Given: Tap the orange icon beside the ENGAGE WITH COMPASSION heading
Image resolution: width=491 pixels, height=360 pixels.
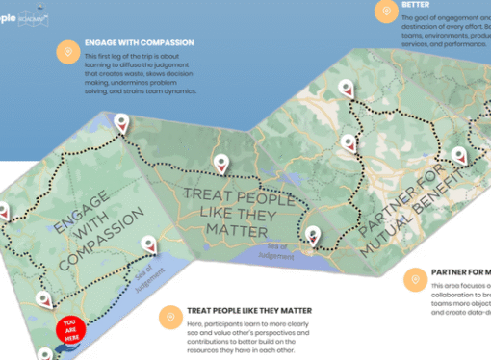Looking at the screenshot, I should (67, 52).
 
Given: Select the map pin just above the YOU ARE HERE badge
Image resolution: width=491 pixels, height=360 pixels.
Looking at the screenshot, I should (42, 299).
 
